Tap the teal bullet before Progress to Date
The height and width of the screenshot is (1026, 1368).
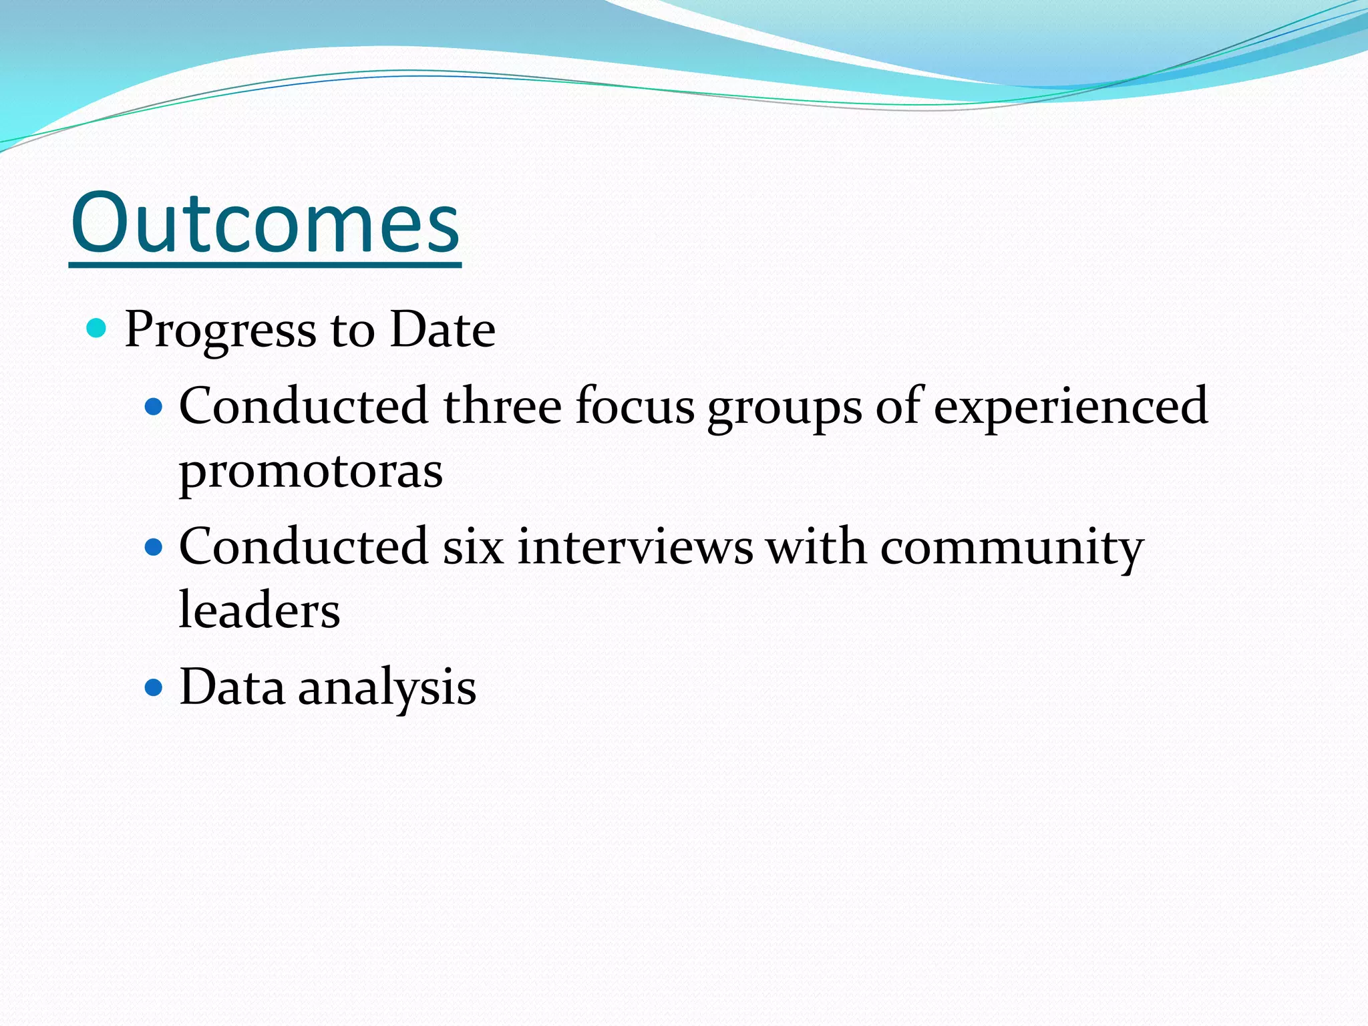[97, 328]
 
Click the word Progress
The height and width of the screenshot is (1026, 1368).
[220, 330]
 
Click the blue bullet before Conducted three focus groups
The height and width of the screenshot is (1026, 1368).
[154, 406]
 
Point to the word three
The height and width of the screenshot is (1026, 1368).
[502, 406]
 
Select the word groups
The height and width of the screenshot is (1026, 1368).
[785, 409]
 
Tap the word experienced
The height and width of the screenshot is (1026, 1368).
[1070, 407]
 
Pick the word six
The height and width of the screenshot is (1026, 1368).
[473, 547]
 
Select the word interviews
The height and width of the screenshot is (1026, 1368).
[635, 547]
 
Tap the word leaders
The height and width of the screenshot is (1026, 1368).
[259, 611]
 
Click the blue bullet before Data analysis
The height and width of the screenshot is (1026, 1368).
[154, 688]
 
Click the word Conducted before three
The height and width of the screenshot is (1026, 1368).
[303, 406]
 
